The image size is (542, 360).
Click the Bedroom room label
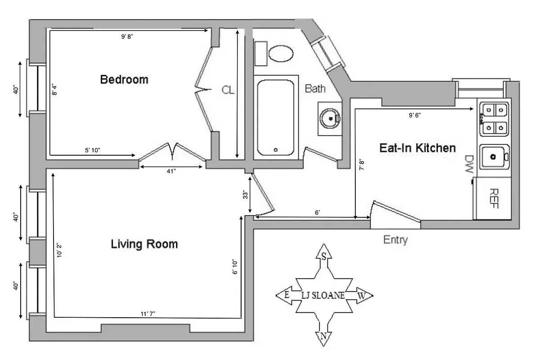pos(124,80)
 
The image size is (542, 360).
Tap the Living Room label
pos(144,244)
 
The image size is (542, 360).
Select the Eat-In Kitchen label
pos(417,148)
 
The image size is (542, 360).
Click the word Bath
pos(315,88)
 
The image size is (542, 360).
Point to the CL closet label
pos(228,90)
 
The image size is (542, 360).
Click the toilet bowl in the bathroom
pos(281,54)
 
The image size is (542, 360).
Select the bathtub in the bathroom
pos(276,117)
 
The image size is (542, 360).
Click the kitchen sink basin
pos(493,157)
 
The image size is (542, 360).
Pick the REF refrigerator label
pos(493,198)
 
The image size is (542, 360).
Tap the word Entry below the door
pos(395,240)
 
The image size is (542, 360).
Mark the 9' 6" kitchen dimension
pos(414,115)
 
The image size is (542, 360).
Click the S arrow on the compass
pos(323,256)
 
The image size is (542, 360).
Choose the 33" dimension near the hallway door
pos(246,195)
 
